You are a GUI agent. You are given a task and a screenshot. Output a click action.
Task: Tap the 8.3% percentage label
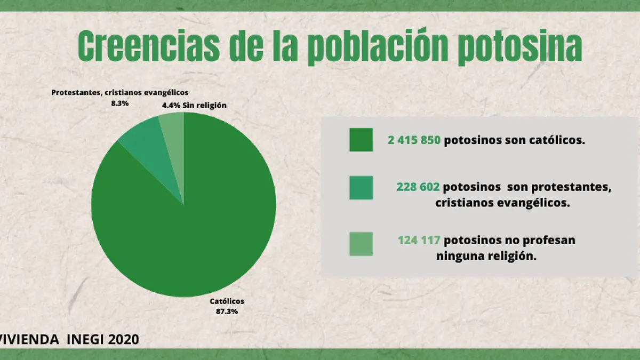[x=119, y=103]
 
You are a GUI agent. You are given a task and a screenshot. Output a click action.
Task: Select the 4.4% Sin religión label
[x=194, y=106]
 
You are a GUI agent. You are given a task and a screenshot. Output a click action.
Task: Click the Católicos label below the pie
[x=227, y=302]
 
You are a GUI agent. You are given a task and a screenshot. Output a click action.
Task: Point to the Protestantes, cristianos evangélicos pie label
[x=119, y=92]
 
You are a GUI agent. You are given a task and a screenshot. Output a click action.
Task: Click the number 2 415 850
[x=414, y=141]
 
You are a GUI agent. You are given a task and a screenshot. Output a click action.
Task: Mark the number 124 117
[x=419, y=241]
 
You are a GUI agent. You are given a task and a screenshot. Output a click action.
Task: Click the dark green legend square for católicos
[x=361, y=140]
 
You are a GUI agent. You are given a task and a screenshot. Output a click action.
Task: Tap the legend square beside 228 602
[x=361, y=188]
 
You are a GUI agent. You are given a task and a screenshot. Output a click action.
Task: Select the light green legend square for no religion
[x=361, y=243]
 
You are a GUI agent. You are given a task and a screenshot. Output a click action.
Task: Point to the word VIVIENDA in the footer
[x=30, y=339]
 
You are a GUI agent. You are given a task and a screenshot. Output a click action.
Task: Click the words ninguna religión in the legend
[x=486, y=256]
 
